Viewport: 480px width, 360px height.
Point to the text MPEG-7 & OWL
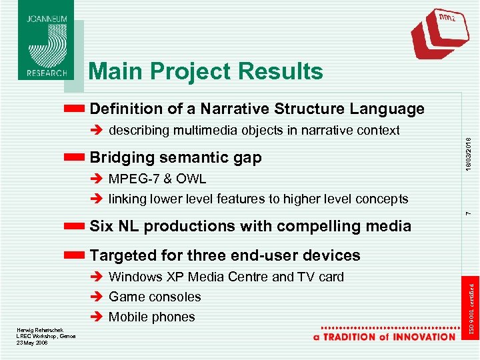157,179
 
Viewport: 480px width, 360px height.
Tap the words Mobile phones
152,317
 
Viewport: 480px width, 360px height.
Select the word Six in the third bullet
101,226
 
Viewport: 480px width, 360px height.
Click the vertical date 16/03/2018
469,153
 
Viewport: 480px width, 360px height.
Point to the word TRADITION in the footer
351,337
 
